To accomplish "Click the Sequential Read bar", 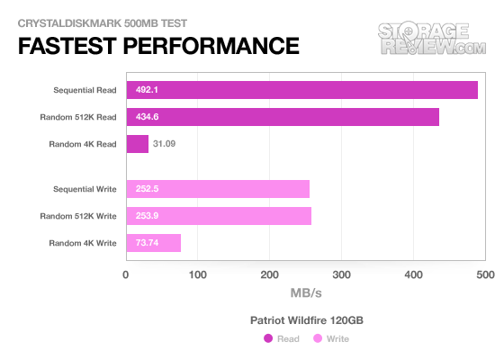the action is [302, 90].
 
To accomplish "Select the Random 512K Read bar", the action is [283, 117].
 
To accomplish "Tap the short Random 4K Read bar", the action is [138, 144].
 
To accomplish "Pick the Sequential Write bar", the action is [218, 189].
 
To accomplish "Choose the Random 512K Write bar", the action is [219, 216].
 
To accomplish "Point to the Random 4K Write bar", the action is [154, 243].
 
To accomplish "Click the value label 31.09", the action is [164, 144].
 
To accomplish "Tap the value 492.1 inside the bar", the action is [147, 90].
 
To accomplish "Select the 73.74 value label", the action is [147, 243].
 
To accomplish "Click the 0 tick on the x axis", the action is [126, 274].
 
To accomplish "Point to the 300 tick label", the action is [341, 274].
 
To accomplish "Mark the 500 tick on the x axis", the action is [485, 274].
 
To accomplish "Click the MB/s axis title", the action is [306, 293].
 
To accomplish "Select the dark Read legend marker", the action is [268, 338].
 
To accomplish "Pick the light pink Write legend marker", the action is [318, 338].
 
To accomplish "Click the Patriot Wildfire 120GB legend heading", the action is [307, 320].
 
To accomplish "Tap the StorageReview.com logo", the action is [432, 38].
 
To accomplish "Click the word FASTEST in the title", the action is [67, 46].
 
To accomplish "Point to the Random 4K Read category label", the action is [83, 144].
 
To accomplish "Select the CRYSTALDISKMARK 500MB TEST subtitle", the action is [103, 23].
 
